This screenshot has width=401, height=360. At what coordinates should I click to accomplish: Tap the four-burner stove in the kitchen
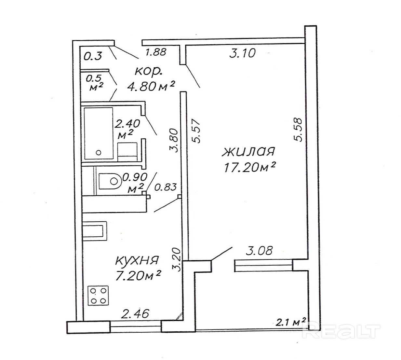[x=98, y=295]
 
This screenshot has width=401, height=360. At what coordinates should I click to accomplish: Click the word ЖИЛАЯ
[x=248, y=152]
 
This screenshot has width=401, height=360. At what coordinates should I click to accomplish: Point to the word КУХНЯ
[x=137, y=261]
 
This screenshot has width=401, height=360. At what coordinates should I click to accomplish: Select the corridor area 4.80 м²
[x=151, y=86]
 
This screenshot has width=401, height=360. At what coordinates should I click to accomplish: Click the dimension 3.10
[x=242, y=53]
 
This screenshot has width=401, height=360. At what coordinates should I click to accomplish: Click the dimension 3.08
[x=259, y=251]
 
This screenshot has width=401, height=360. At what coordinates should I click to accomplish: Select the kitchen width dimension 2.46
[x=135, y=314]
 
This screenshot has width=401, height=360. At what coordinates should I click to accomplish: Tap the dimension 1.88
[x=156, y=52]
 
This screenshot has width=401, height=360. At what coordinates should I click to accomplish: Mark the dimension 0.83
[x=165, y=187]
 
